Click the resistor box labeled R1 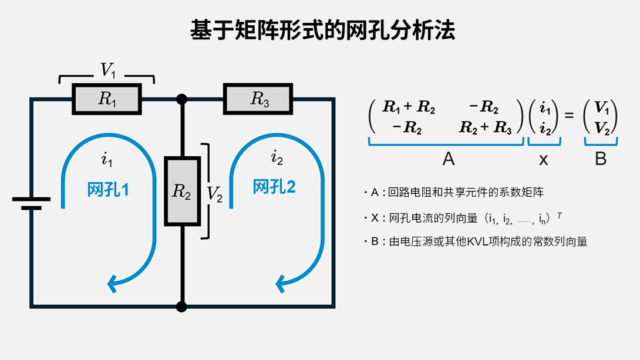(107, 99)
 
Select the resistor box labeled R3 (258, 99)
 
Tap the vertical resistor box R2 (182, 191)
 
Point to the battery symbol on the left (31, 203)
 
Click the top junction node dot (182, 99)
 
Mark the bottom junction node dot (182, 306)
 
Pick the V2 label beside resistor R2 (215, 194)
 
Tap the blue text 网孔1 (108, 190)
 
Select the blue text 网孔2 (274, 187)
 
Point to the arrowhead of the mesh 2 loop (280, 284)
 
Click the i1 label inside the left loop (106, 159)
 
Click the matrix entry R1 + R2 (408, 107)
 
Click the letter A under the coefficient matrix (448, 159)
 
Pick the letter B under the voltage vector (600, 159)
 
